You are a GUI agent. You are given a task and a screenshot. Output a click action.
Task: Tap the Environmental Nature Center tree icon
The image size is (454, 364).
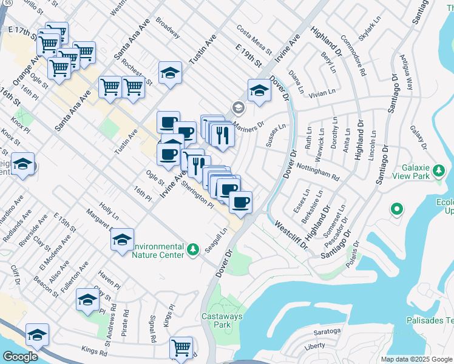click(x=193, y=249)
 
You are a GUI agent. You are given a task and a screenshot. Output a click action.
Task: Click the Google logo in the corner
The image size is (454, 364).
click(x=20, y=357)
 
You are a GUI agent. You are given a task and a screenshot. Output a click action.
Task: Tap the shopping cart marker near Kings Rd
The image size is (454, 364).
click(x=181, y=348)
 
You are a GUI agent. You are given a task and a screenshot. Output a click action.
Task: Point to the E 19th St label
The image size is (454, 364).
click(x=249, y=56)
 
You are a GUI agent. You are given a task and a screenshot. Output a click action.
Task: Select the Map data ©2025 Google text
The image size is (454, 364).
click(x=416, y=359)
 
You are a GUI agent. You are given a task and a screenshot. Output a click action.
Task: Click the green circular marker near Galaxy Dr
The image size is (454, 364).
click(x=397, y=210)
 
